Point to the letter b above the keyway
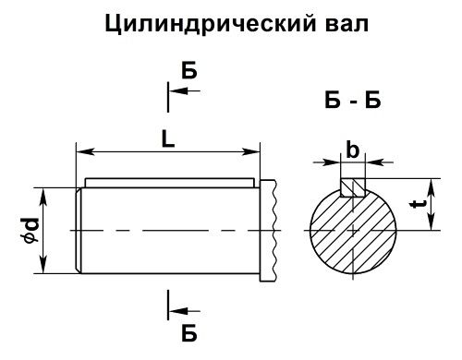coord(351,150)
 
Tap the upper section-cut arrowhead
coord(176,90)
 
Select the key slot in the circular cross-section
coord(352,187)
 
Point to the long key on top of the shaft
coord(166,182)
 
